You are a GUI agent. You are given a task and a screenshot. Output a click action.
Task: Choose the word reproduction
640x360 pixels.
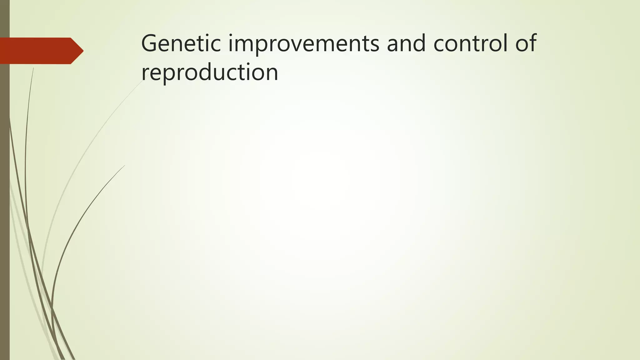click(x=209, y=72)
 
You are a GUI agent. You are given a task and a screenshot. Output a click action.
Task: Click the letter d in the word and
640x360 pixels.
click(x=419, y=43)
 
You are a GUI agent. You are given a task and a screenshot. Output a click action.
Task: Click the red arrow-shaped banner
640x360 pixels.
click(x=37, y=51)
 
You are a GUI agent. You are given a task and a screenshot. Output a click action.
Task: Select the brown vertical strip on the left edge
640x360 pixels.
click(x=5, y=203)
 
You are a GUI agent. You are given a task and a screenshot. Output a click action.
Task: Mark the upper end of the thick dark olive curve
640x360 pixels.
click(x=124, y=166)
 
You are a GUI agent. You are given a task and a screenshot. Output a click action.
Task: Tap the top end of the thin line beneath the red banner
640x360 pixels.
click(x=33, y=68)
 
